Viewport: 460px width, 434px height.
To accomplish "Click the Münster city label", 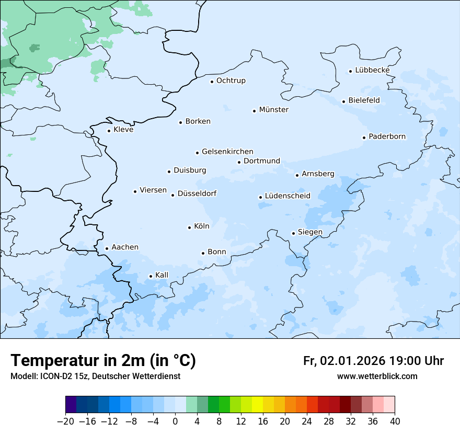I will click(273, 110).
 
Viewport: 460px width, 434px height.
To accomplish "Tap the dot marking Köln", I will click(189, 227).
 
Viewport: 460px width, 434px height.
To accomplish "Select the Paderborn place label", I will click(387, 136).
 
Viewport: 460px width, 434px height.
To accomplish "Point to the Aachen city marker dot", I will click(107, 249).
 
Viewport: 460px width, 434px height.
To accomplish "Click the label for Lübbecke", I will click(372, 70).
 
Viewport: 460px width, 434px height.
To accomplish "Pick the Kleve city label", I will click(123, 130).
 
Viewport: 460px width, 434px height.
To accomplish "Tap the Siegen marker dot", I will click(293, 233).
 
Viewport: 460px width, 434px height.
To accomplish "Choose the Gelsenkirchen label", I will click(227, 152).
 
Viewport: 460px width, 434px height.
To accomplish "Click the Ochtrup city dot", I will click(212, 82).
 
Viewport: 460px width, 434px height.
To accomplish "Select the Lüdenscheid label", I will click(287, 196).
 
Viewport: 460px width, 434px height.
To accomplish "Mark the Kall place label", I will click(162, 275).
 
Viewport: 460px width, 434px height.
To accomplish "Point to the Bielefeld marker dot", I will click(343, 101).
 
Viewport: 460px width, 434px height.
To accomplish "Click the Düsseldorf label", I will click(197, 193).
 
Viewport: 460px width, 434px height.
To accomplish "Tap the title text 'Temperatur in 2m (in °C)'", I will click(103, 361).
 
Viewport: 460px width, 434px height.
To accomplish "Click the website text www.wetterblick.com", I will click(377, 376).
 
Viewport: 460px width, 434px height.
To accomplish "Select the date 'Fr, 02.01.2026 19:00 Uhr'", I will click(373, 361).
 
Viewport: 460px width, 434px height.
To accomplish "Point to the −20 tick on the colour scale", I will click(65, 421).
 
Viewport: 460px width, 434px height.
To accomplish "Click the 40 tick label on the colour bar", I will click(395, 421).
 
